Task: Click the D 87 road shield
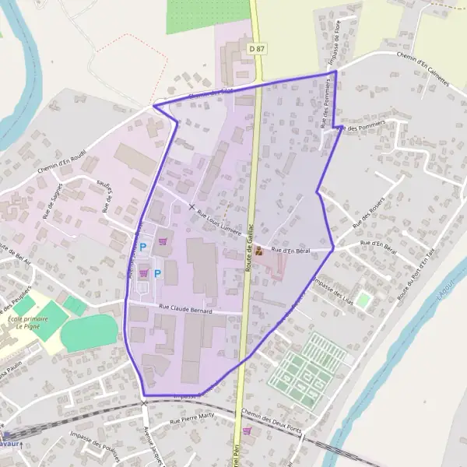coord(257,48)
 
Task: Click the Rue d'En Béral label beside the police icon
coord(290,250)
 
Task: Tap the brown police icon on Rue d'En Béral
coord(258,251)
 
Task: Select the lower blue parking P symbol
coord(157,273)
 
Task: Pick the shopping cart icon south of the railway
coord(248,430)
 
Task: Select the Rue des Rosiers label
coord(367,216)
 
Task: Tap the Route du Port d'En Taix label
coord(415,280)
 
